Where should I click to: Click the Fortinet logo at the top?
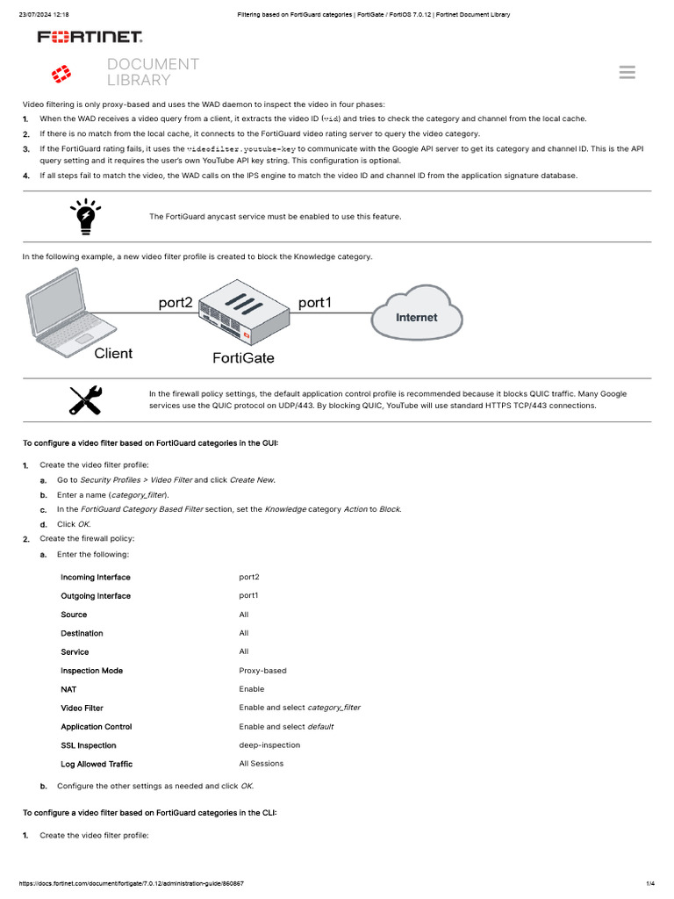90,37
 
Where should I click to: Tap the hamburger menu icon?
627,72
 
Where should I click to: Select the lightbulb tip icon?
86,216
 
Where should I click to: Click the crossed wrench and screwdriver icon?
86,399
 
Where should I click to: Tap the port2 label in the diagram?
176,302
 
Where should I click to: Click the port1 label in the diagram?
316,302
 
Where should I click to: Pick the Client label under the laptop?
113,353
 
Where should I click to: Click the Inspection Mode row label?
91,671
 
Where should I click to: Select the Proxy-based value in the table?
262,671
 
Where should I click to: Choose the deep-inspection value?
269,745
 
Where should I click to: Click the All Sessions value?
261,764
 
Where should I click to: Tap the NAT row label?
68,689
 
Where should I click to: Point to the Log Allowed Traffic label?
97,764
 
